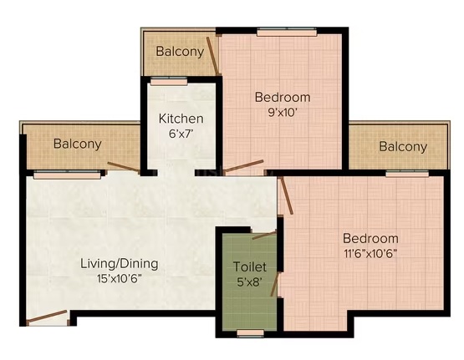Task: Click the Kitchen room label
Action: [181, 119]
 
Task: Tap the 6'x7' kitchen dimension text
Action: [181, 134]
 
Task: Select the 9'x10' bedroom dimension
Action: [283, 113]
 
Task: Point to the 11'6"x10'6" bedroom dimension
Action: [370, 254]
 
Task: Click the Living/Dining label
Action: [120, 264]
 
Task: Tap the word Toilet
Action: [250, 266]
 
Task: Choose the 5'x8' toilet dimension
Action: [250, 282]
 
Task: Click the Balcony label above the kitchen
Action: [180, 52]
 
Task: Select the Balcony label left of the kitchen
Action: [78, 144]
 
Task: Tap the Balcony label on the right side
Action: [403, 147]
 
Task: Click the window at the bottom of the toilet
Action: [250, 333]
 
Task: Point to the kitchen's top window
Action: [169, 81]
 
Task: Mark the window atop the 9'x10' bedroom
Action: [287, 32]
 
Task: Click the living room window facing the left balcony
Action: [67, 175]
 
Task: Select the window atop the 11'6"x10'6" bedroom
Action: [407, 174]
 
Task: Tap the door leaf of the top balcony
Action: [212, 56]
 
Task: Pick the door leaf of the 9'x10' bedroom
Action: [243, 166]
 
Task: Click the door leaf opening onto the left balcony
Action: [124, 167]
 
